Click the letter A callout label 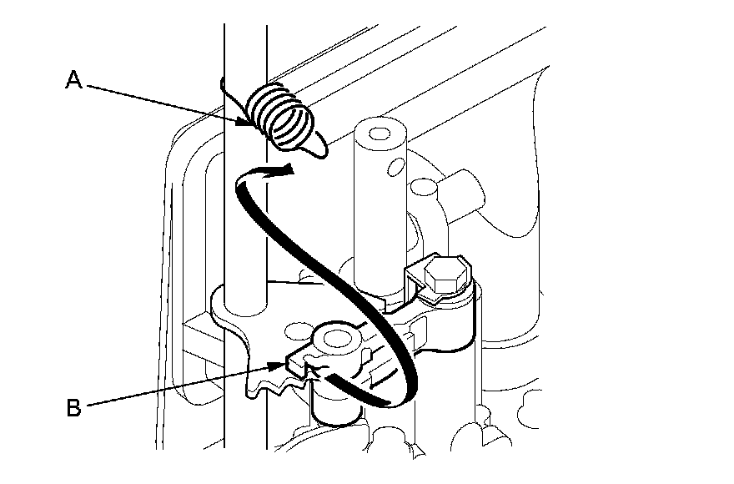click(x=73, y=80)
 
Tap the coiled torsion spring click(x=284, y=119)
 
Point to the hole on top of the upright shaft click(x=380, y=134)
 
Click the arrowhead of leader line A click(x=248, y=122)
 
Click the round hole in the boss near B click(x=337, y=338)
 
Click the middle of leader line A click(x=166, y=103)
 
